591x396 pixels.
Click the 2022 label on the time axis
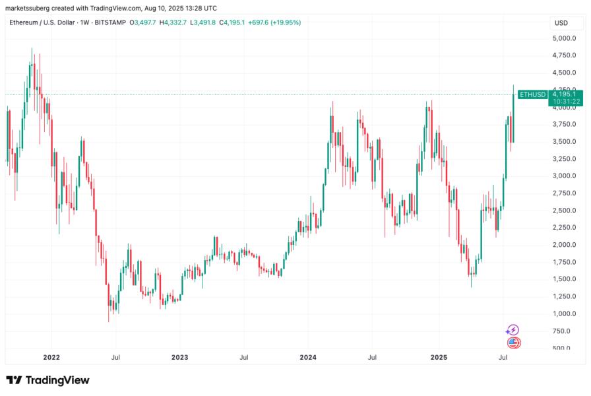[x=51, y=358]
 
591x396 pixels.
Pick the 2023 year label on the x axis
[x=179, y=358]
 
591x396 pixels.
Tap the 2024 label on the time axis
[x=308, y=358]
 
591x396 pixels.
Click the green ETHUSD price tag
[x=532, y=95]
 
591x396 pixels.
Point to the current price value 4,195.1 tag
[x=567, y=94]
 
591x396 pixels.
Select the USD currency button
[x=561, y=23]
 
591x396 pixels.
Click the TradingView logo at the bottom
[x=47, y=380]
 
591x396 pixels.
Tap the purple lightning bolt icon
[x=513, y=330]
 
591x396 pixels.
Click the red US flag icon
[x=514, y=343]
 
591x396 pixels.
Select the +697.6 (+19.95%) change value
[x=276, y=22]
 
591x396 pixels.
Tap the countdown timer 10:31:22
[x=567, y=102]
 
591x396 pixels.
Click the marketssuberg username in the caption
[x=30, y=7]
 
